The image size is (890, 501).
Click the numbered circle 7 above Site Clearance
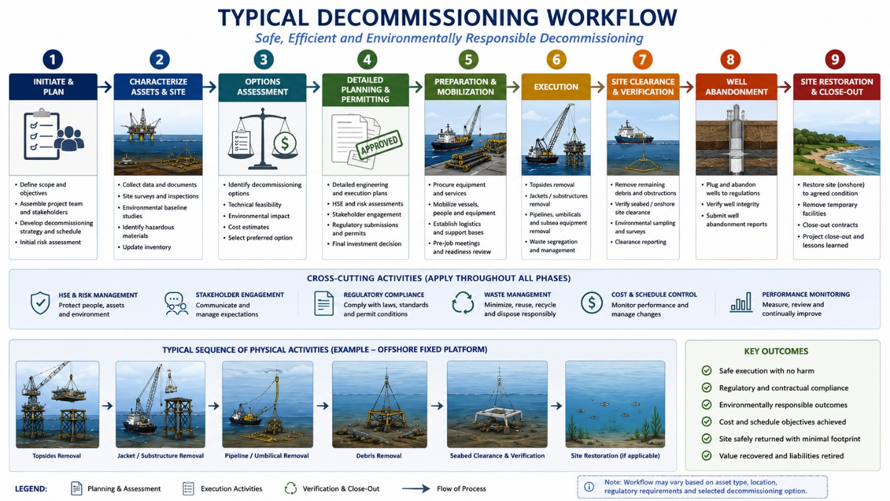(642, 60)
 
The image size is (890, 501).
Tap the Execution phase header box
(556, 86)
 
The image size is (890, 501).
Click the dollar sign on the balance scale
(285, 143)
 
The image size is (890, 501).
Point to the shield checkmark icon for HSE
(40, 303)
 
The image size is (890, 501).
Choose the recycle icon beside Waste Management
(463, 303)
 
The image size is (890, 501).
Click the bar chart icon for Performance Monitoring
(741, 302)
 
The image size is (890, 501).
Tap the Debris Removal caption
(379, 456)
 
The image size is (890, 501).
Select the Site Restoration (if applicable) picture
(615, 404)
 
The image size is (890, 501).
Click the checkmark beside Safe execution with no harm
(707, 370)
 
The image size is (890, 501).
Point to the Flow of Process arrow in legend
(415, 489)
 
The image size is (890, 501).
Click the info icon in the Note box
(589, 487)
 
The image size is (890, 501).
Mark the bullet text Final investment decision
(367, 244)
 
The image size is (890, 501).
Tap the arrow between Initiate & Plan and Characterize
(105, 86)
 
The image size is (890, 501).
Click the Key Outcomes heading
(776, 351)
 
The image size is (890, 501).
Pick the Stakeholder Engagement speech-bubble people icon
(177, 304)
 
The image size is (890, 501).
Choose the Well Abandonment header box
(736, 86)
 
